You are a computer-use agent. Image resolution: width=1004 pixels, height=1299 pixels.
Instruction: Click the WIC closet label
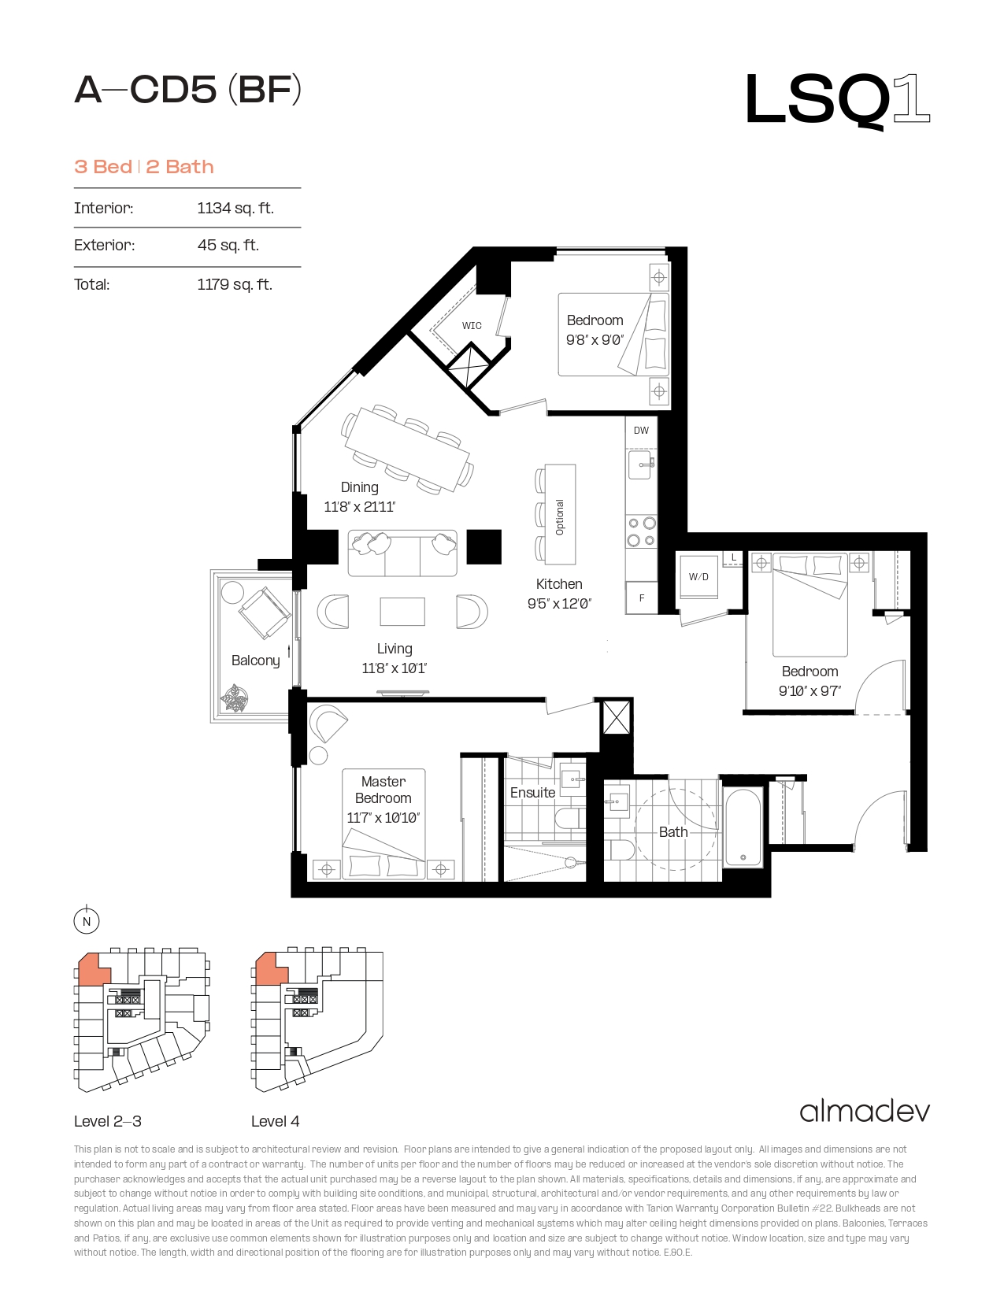tap(471, 326)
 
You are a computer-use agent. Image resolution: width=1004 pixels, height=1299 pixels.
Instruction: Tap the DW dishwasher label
tap(641, 431)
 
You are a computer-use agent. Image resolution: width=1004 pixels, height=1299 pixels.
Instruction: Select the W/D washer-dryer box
tap(698, 576)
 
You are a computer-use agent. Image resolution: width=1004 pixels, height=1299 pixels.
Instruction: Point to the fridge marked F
tap(642, 598)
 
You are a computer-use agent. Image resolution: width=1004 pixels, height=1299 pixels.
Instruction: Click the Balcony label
tap(255, 661)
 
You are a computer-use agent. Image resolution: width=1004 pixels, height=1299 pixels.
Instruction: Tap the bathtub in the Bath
tap(743, 827)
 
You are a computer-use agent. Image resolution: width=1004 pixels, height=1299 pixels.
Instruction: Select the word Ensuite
tap(532, 793)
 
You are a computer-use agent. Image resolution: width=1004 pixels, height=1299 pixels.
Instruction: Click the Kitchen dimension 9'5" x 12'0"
tap(559, 604)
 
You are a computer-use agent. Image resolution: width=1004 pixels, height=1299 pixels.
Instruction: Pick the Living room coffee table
tap(402, 612)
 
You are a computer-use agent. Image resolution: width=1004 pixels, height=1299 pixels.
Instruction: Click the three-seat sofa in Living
tap(402, 553)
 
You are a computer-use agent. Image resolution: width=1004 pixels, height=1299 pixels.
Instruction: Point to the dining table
tap(407, 450)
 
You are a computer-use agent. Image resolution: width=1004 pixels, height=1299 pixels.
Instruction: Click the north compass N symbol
tap(87, 921)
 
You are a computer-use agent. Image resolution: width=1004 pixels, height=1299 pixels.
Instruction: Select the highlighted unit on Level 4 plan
tap(269, 969)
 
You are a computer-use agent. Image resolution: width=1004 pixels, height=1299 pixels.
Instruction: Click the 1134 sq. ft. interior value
tap(235, 208)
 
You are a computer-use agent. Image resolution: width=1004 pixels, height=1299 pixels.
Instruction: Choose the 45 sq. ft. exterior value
tap(228, 245)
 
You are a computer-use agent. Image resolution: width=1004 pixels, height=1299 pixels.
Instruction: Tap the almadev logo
tap(865, 1112)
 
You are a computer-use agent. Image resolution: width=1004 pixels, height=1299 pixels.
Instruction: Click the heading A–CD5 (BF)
tap(187, 90)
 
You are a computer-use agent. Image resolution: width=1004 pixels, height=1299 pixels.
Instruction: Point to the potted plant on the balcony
tap(234, 698)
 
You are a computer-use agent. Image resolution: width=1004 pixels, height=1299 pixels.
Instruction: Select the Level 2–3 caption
tap(108, 1121)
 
